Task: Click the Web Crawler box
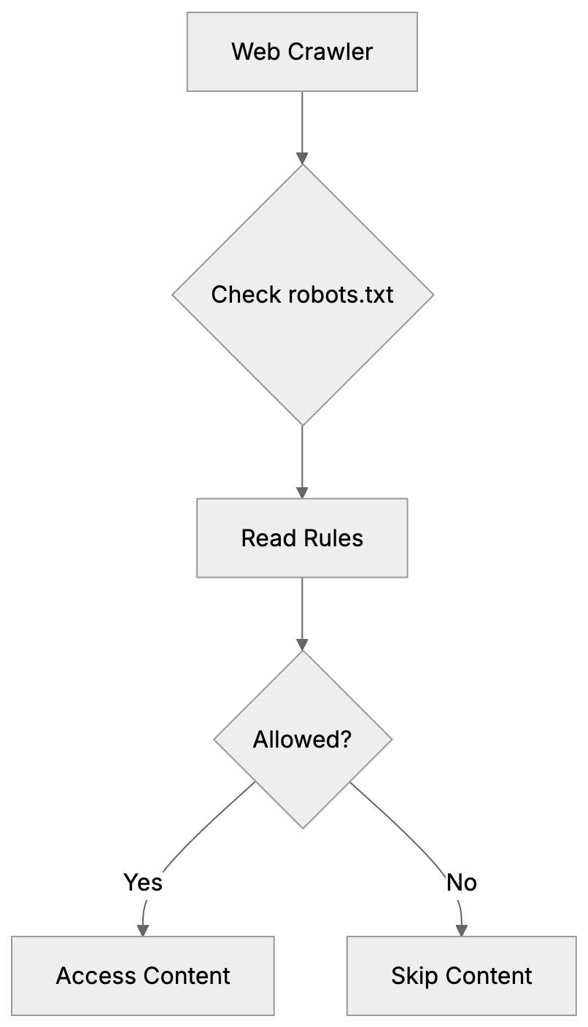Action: click(x=302, y=51)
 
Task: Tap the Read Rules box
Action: click(x=302, y=538)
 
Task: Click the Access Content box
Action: click(x=143, y=975)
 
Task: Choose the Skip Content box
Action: click(x=461, y=975)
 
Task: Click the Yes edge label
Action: click(x=143, y=883)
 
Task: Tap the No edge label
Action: click(x=461, y=883)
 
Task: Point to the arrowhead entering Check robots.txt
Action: click(x=302, y=159)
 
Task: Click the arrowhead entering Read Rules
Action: click(x=302, y=492)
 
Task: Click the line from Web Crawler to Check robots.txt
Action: click(x=302, y=120)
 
